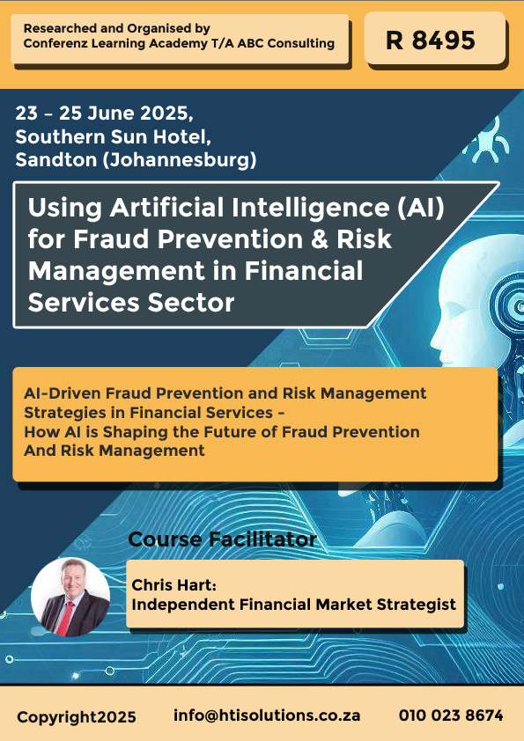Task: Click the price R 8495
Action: [x=431, y=40]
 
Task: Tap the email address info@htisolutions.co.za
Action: [x=267, y=715]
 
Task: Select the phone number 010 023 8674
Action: [x=451, y=715]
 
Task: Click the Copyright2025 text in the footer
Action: [x=77, y=717]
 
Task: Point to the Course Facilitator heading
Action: [x=222, y=539]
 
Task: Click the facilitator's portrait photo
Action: [x=70, y=597]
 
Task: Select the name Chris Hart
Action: [x=173, y=585]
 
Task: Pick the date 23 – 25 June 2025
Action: [x=104, y=114]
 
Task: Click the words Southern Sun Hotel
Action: [x=113, y=137]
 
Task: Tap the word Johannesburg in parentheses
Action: [x=180, y=160]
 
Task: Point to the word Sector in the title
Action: [x=190, y=303]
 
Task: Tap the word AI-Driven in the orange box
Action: [x=62, y=393]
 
